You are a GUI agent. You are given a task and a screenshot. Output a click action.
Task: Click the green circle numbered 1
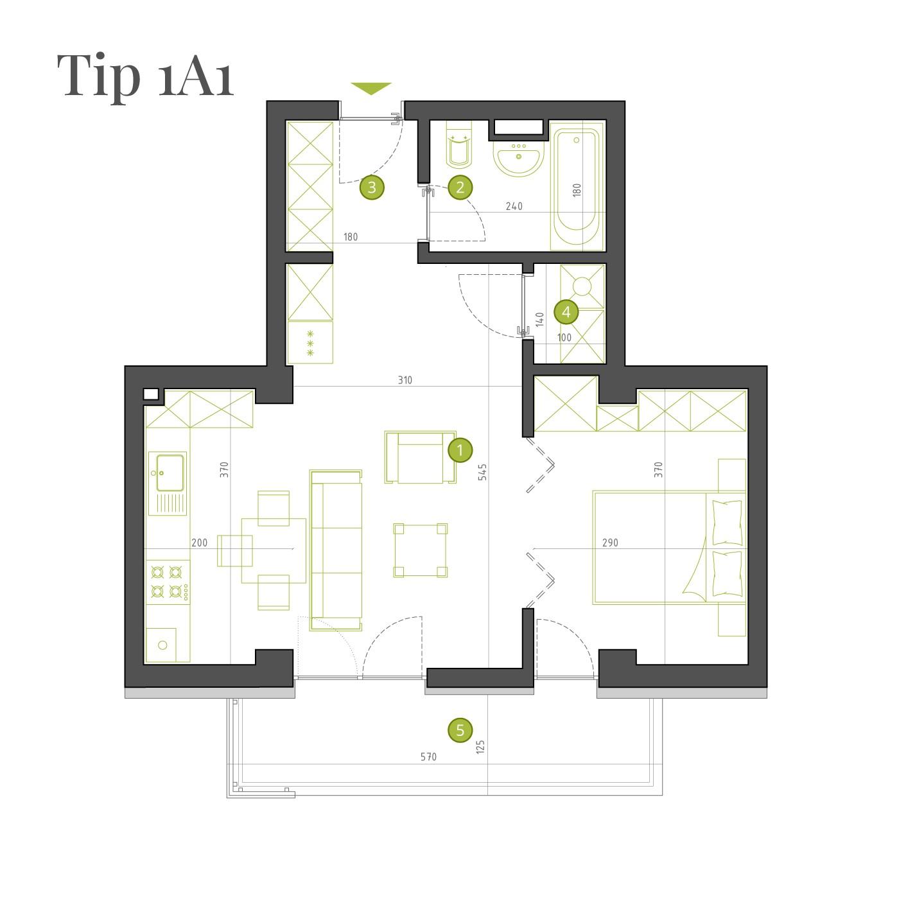[460, 450]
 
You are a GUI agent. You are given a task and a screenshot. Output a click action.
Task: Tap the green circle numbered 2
[460, 188]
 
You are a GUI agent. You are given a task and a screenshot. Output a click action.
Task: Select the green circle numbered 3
[372, 188]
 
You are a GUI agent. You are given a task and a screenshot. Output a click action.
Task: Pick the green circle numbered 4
[566, 311]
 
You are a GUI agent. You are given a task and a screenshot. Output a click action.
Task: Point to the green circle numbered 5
[460, 729]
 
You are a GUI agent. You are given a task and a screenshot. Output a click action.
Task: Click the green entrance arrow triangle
[371, 88]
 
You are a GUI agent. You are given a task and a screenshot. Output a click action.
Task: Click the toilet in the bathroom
[459, 144]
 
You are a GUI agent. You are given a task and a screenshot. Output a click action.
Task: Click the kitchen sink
[168, 484]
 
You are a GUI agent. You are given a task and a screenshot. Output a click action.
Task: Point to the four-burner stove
[168, 582]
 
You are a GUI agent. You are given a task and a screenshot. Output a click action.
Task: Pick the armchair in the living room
[421, 457]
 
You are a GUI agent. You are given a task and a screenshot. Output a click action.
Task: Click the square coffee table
[421, 550]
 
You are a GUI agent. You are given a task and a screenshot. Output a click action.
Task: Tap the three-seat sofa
[336, 550]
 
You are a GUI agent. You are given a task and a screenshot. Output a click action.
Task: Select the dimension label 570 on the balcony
[428, 756]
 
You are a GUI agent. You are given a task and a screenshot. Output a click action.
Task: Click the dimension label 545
[482, 472]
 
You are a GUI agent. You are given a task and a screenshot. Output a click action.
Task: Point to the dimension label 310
[405, 380]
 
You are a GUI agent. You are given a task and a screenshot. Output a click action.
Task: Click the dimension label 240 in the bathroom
[514, 206]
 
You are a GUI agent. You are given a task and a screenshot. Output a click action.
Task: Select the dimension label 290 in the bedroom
[610, 543]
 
